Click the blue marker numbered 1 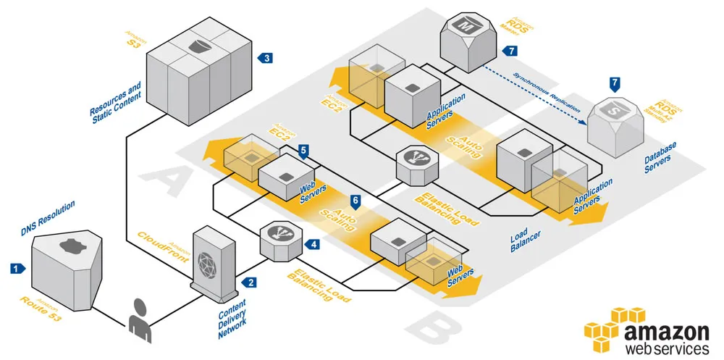(15, 268)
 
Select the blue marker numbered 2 (251, 282)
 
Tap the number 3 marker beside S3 (266, 57)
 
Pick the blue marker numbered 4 (313, 245)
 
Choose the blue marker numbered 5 (304, 150)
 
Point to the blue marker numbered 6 (355, 199)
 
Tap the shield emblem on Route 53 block (71, 245)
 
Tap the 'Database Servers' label (660, 159)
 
